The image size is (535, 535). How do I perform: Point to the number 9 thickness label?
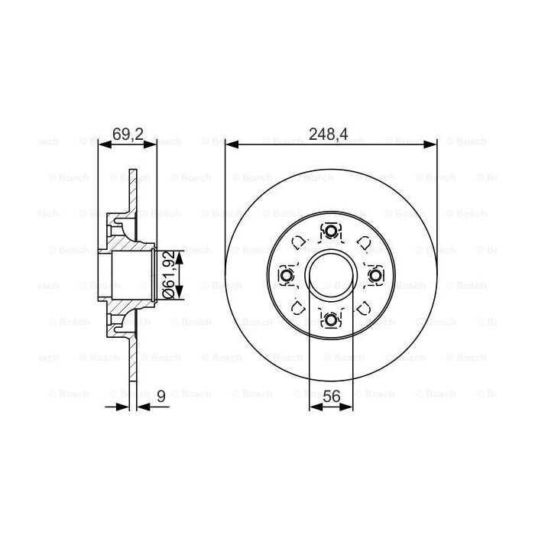tap(160, 397)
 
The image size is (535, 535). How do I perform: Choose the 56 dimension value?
tap(330, 397)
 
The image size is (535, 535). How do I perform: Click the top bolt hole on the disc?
tap(330, 232)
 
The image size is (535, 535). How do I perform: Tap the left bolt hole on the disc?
tap(287, 275)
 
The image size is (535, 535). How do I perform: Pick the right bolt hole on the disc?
tap(374, 275)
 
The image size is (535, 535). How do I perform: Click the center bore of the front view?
tap(330, 275)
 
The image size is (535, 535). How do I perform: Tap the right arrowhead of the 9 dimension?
tap(143, 407)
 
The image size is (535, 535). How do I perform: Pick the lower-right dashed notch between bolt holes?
tap(362, 307)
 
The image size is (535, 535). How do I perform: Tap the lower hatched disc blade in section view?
tap(133, 367)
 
